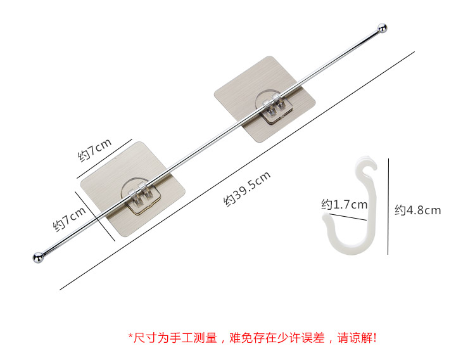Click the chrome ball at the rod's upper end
coord(382,28)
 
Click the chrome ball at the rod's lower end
coord(38,257)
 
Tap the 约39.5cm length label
coord(247,189)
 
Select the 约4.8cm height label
coord(417,210)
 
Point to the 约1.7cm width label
coord(345,205)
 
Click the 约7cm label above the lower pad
coord(95,150)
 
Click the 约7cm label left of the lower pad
coord(70,219)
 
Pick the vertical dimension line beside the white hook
coord(388,206)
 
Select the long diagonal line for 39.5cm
coord(237,170)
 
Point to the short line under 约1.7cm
coord(348,217)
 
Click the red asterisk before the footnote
coord(130,336)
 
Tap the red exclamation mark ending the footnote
coord(375,338)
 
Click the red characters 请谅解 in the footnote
coord(355,338)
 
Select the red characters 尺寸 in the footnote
coord(146,338)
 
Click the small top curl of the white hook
coord(367,166)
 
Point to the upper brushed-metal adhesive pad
coord(265,99)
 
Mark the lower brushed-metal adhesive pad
coord(133,189)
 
